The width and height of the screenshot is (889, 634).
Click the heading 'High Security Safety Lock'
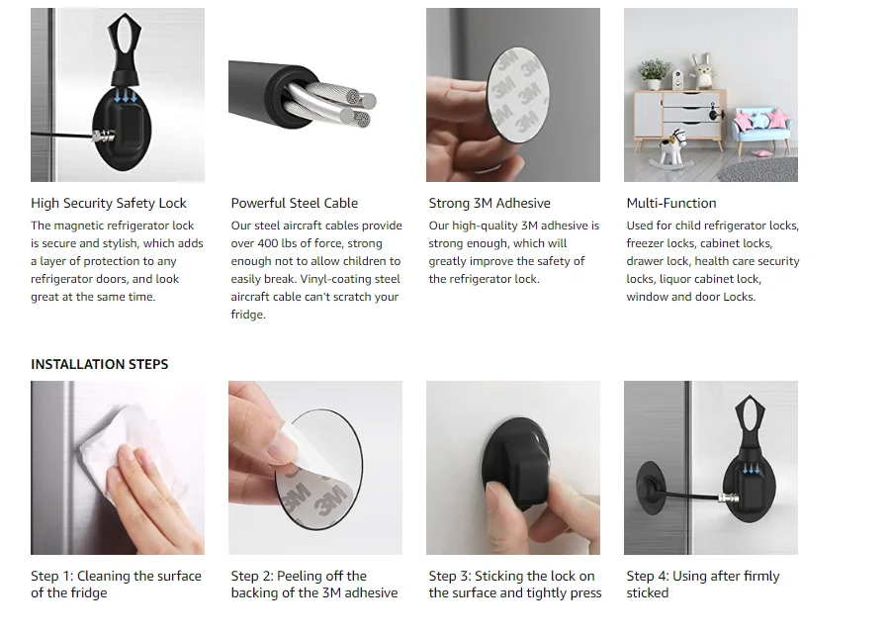coord(109,203)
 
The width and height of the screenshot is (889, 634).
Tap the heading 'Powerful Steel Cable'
coord(295,203)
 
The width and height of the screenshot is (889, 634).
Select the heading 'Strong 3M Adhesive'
coord(489,203)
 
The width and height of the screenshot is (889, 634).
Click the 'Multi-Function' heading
coord(671,203)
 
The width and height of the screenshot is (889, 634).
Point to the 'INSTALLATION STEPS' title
coord(100,364)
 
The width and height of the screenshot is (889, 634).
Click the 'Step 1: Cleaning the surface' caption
coord(116,576)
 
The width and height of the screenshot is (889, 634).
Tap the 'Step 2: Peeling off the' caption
coord(299,576)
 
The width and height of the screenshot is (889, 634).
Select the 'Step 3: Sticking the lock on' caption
coord(512,576)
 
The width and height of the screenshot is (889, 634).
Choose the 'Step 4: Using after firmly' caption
coord(703,576)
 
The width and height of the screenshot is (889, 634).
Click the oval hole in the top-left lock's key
coord(118,35)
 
